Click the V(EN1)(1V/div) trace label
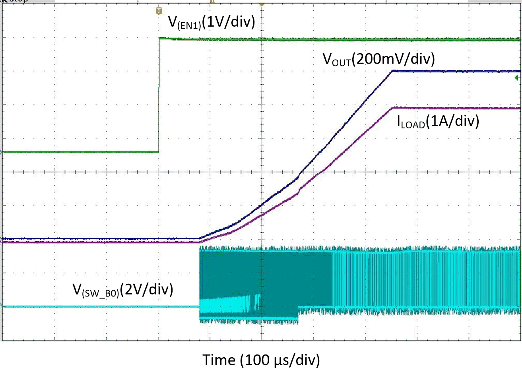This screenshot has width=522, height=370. click(212, 22)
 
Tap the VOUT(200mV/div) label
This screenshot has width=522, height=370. click(378, 59)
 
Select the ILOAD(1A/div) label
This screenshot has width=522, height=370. click(438, 121)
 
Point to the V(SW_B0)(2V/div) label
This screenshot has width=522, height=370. click(123, 290)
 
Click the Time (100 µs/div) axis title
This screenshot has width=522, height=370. click(261, 360)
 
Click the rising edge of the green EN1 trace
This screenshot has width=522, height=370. click(159, 95)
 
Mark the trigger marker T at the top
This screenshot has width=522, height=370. click(159, 11)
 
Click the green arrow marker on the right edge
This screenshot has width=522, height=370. click(517, 78)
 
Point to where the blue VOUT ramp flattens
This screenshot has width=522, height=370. click(392, 71)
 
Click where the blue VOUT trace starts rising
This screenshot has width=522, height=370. click(200, 238)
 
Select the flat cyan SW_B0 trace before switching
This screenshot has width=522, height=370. click(99, 306)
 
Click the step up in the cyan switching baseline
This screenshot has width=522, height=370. click(299, 312)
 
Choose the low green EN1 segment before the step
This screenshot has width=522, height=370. click(80, 152)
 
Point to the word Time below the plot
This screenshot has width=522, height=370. click(219, 360)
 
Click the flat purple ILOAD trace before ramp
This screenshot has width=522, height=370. click(99, 242)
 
